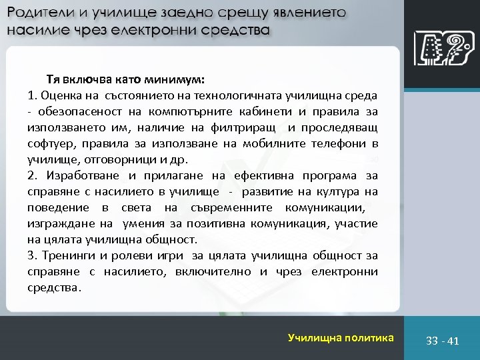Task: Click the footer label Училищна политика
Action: pos(341,338)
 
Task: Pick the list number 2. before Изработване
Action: pos(33,175)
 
